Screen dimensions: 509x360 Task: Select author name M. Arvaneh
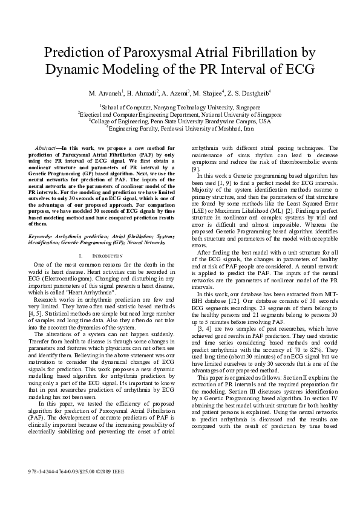tap(105, 94)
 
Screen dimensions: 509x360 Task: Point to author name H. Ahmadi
tap(142, 94)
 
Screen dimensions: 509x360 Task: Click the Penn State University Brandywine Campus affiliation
tap(180, 121)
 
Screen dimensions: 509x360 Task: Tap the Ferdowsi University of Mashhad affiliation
tap(180, 128)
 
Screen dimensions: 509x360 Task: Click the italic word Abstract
tap(45, 148)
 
